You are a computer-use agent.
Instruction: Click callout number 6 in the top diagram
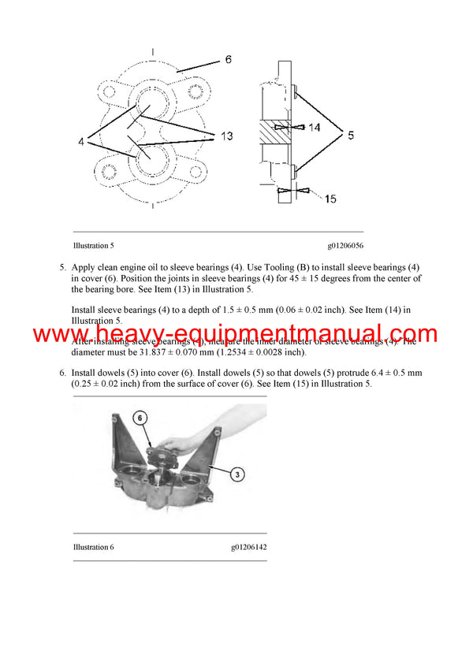point(227,60)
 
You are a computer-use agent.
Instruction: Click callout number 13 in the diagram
point(226,136)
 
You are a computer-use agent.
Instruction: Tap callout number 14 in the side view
point(315,126)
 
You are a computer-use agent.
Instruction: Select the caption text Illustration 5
point(94,245)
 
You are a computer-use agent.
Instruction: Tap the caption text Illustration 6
point(94,547)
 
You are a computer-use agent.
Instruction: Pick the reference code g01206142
point(249,547)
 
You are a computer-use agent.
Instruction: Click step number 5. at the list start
point(63,268)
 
